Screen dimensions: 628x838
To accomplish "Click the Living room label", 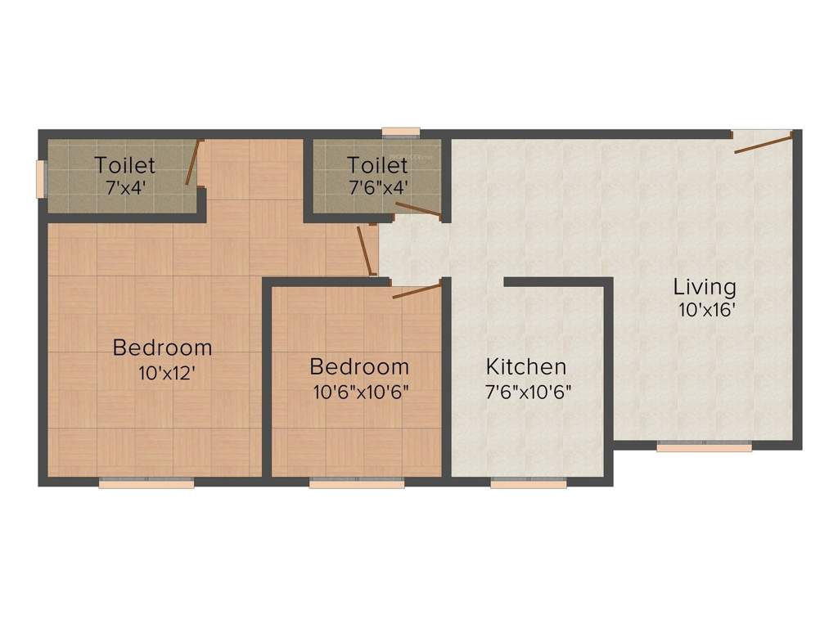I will tap(705, 288).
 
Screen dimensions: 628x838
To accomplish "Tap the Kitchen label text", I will tap(525, 366).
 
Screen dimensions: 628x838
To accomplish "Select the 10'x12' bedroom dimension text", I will tap(166, 373).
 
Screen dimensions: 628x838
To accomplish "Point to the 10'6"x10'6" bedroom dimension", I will tap(360, 391).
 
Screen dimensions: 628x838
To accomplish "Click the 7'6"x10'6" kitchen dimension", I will tap(528, 391).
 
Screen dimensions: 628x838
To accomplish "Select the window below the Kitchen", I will tap(529, 484).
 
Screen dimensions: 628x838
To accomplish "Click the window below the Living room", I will tap(705, 447).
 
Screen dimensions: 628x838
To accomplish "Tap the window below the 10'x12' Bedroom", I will tap(146, 483).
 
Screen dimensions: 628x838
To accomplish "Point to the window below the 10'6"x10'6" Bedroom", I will tap(357, 483).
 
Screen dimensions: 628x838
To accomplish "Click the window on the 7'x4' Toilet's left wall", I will tap(41, 178).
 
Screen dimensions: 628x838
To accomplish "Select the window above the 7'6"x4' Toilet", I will tap(401, 131).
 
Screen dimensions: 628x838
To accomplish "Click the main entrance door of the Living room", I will tap(763, 142).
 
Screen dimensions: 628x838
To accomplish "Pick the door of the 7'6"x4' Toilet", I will tap(418, 210).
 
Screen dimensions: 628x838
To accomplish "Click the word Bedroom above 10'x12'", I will tap(162, 348).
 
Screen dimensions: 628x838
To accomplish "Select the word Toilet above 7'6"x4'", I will tap(376, 164).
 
